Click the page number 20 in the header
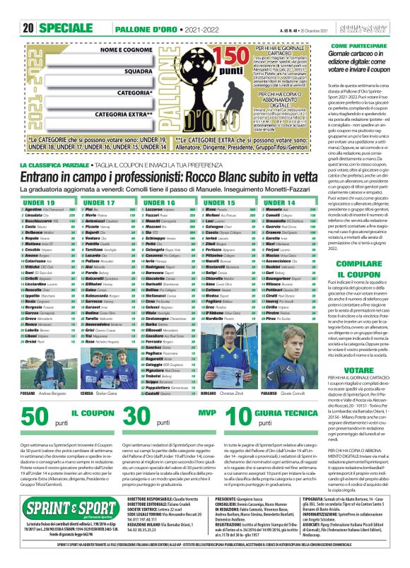coord(28,9)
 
